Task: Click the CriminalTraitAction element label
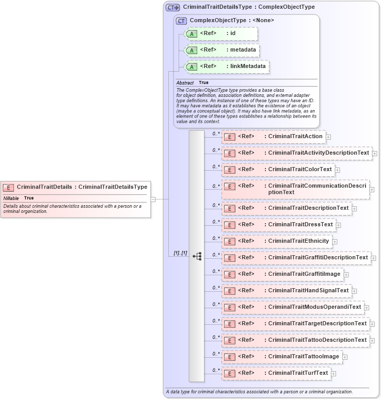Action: pyautogui.click(x=295, y=136)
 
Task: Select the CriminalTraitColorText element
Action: pyautogui.click(x=299, y=169)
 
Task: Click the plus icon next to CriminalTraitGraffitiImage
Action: pyautogui.click(x=346, y=274)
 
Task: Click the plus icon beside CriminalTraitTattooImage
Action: pyautogui.click(x=345, y=357)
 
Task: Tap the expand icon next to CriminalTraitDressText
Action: pyautogui.click(x=339, y=225)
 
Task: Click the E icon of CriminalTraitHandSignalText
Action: pyautogui.click(x=230, y=291)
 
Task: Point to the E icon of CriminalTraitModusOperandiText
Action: pyautogui.click(x=230, y=307)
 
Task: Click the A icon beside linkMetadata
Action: pyautogui.click(x=192, y=67)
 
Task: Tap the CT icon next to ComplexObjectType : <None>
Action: pyautogui.click(x=181, y=21)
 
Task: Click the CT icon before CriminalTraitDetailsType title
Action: pyautogui.click(x=172, y=7)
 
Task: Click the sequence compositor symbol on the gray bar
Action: pyautogui.click(x=197, y=256)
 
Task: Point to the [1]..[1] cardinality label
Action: pyautogui.click(x=180, y=253)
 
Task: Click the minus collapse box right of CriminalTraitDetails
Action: pyautogui.click(x=153, y=198)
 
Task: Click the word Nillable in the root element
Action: pyautogui.click(x=11, y=198)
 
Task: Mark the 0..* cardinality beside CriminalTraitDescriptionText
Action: pyautogui.click(x=216, y=205)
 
